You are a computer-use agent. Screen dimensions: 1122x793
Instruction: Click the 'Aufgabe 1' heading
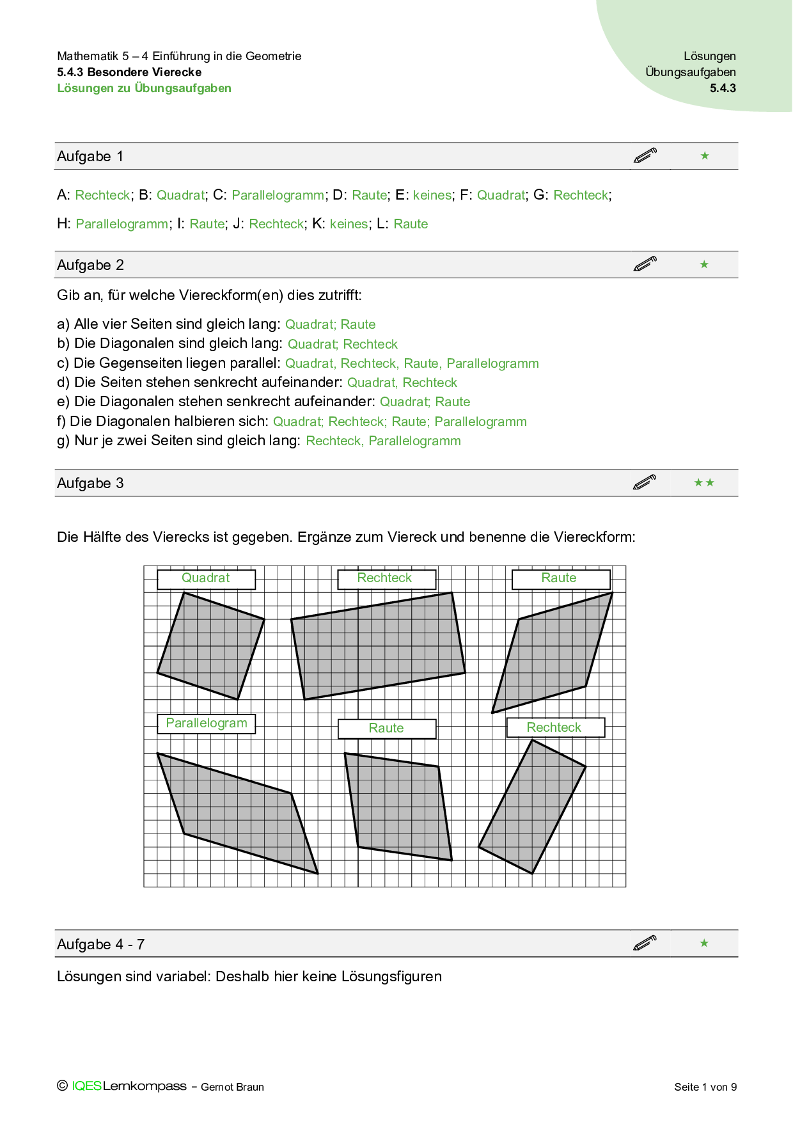[x=90, y=157]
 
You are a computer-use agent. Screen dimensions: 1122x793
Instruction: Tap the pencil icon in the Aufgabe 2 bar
[x=645, y=264]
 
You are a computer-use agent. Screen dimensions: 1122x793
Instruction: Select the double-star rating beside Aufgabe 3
[x=704, y=483]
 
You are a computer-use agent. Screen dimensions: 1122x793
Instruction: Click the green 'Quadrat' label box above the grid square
[x=206, y=579]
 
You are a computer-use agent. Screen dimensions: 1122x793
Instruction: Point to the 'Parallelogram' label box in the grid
[x=206, y=723]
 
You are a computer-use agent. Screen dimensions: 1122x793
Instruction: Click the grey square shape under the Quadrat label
[x=211, y=646]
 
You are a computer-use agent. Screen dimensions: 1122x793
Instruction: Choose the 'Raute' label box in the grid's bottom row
[x=386, y=729]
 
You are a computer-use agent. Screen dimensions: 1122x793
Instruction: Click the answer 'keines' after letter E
[x=432, y=195]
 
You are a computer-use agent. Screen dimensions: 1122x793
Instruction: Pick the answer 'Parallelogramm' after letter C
[x=278, y=195]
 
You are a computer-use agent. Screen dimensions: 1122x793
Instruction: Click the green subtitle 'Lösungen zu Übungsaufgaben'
[x=145, y=88]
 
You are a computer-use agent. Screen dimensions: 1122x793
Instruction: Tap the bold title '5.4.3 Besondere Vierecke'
[x=129, y=72]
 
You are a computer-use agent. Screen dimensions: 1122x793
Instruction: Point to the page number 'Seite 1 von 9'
[x=705, y=1087]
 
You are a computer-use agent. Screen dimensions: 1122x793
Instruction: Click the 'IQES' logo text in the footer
[x=86, y=1086]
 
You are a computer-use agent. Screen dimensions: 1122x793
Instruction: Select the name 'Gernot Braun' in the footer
[x=232, y=1087]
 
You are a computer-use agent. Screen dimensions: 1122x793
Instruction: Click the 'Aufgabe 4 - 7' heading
[x=101, y=945]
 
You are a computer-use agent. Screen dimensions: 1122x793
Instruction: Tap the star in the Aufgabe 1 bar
[x=705, y=156]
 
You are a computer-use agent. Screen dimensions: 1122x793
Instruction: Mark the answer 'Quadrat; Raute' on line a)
[x=330, y=324]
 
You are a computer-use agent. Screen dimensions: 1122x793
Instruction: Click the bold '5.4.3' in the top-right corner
[x=723, y=88]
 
